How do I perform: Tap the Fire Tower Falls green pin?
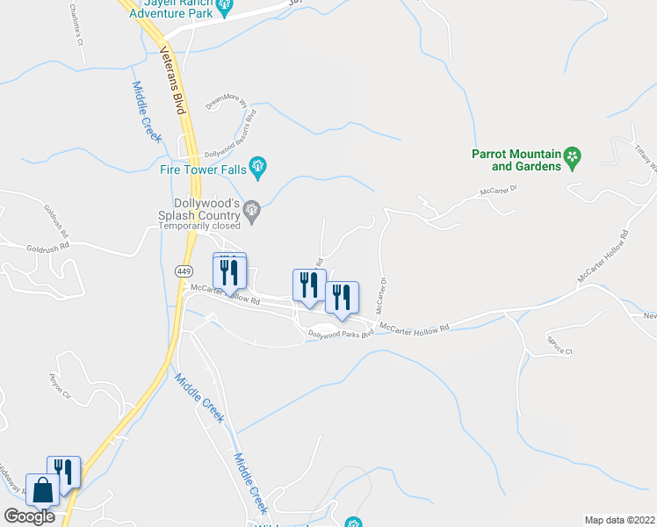pyautogui.click(x=258, y=164)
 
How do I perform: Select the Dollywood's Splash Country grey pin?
pyautogui.click(x=253, y=209)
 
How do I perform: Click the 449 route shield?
pyautogui.click(x=184, y=271)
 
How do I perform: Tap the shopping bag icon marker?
pyautogui.click(x=42, y=489)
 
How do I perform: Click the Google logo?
pyautogui.click(x=29, y=516)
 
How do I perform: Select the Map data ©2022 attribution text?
pyautogui.click(x=619, y=519)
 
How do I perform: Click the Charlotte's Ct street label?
pyautogui.click(x=74, y=25)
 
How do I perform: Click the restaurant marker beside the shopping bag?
pyautogui.click(x=63, y=471)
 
